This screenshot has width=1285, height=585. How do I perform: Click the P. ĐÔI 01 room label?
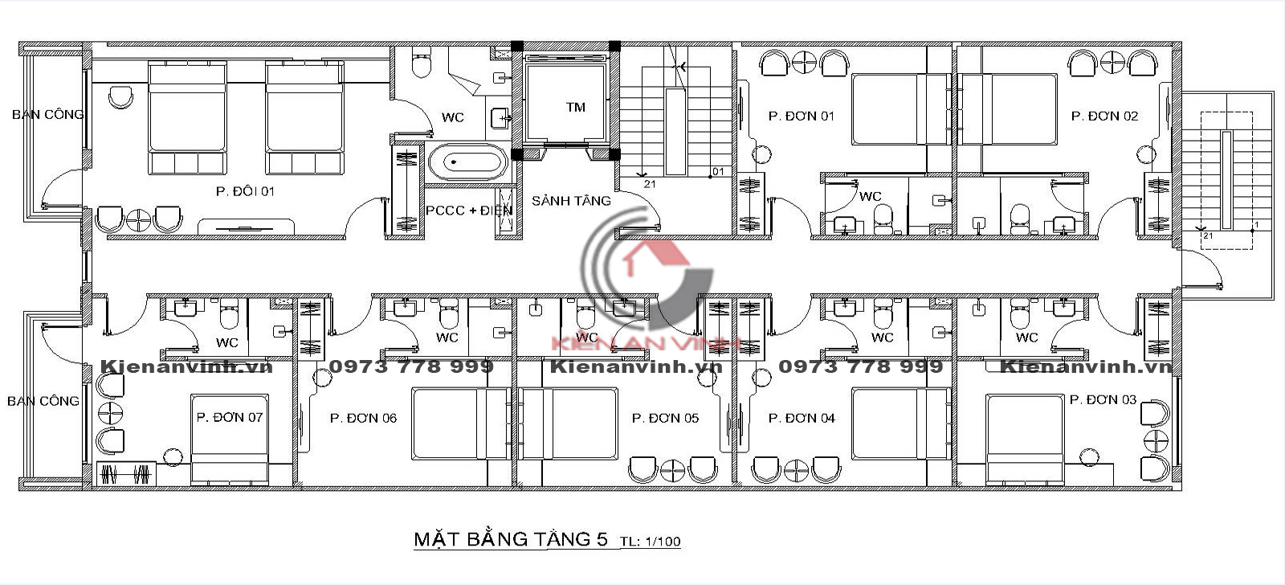(245, 191)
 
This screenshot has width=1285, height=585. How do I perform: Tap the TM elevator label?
(575, 108)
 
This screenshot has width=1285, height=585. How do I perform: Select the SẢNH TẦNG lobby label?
(571, 201)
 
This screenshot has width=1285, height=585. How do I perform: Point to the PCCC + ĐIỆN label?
(469, 211)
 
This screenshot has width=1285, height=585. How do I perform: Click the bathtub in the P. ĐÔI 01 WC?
(468, 162)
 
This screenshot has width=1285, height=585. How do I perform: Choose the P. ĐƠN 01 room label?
(801, 116)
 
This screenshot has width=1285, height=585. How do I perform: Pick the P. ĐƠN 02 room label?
(1104, 116)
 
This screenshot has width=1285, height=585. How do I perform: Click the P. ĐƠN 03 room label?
(1103, 399)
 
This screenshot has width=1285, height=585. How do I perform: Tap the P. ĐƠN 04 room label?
(802, 419)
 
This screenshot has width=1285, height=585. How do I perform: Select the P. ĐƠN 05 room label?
(665, 419)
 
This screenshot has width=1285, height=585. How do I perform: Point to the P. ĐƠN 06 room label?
(363, 419)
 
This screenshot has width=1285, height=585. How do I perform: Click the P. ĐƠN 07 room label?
(230, 417)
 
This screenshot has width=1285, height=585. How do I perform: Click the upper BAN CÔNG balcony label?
(47, 115)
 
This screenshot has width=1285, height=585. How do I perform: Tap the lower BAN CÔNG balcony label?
(43, 401)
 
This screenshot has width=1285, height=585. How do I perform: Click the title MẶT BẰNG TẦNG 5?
(511, 539)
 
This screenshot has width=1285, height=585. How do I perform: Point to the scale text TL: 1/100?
(650, 542)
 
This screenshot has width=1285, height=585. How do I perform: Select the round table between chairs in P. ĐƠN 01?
(804, 63)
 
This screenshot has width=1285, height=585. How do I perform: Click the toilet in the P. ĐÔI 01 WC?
(422, 63)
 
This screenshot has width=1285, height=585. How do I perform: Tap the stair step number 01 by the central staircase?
(718, 172)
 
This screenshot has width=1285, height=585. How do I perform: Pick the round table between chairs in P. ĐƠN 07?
(111, 413)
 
